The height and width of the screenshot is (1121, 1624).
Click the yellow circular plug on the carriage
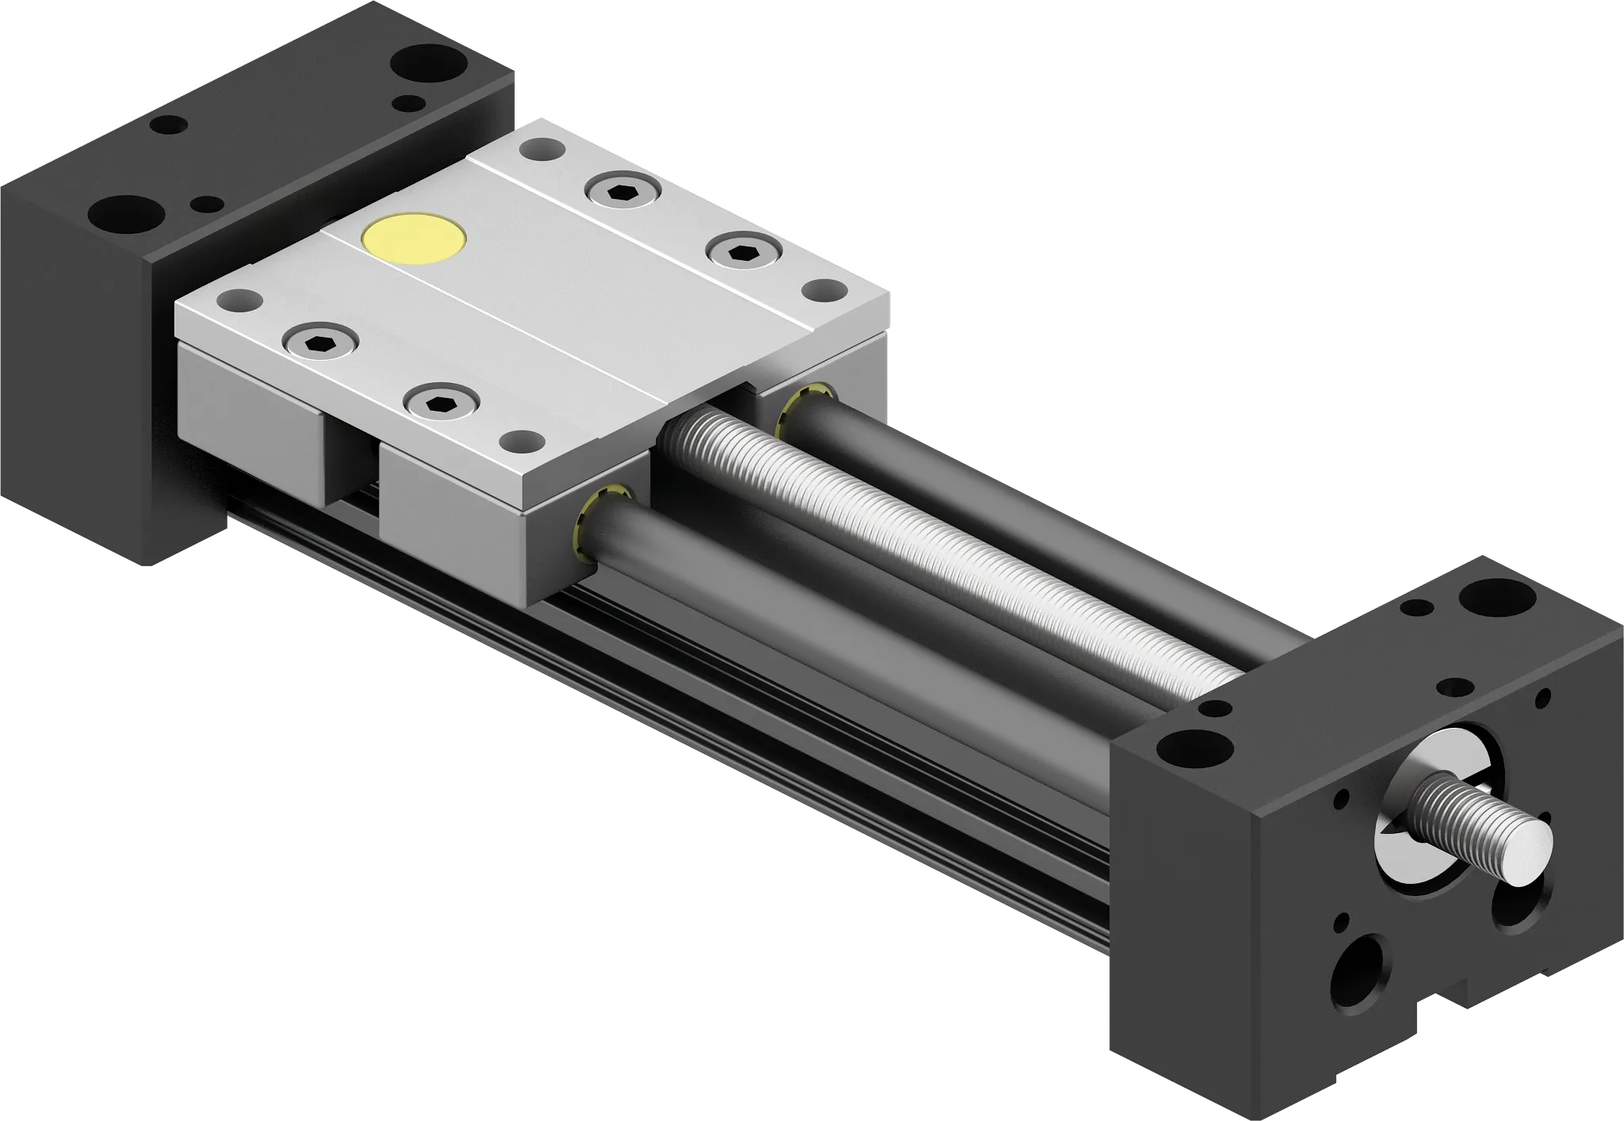pos(413,238)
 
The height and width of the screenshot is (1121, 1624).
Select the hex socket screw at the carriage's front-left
pos(322,342)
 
